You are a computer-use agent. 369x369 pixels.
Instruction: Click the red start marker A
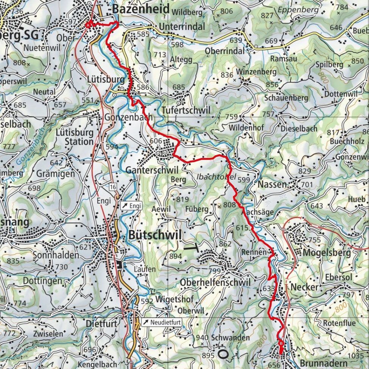click(89, 25)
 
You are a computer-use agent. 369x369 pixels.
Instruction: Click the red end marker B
click(281, 344)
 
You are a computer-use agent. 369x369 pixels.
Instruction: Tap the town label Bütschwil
click(155, 235)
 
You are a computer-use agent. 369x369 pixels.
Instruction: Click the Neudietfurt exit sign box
click(162, 322)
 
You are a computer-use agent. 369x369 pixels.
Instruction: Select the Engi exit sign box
click(131, 206)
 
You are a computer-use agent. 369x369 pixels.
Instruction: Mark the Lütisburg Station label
click(74, 137)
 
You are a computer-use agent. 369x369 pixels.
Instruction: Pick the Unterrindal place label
click(182, 27)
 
